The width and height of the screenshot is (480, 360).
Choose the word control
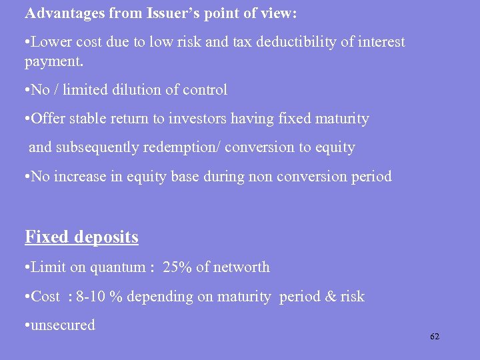coord(205,90)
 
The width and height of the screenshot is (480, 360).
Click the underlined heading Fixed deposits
coord(81,237)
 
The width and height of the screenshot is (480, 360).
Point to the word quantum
coord(119,267)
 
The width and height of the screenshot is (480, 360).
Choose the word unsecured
coord(63,326)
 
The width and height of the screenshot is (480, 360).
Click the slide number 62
coord(435,337)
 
